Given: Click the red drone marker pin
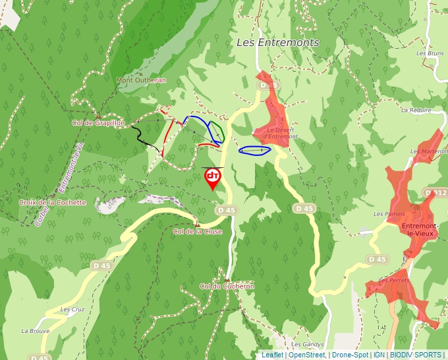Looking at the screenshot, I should (213, 178).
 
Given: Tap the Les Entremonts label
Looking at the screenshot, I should (277, 42).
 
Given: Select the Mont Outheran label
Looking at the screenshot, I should (141, 80).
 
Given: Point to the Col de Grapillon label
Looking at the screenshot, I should (98, 122).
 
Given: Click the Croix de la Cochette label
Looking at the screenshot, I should (53, 202).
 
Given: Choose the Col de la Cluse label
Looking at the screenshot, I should (197, 232).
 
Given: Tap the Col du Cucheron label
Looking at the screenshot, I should (227, 286).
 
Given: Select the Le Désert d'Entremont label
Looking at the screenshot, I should (281, 133).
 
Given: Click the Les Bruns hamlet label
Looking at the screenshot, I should (430, 53).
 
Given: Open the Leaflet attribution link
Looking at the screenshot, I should (272, 355).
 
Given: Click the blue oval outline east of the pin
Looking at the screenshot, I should (255, 151).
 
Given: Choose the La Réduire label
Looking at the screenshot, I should (415, 110).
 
